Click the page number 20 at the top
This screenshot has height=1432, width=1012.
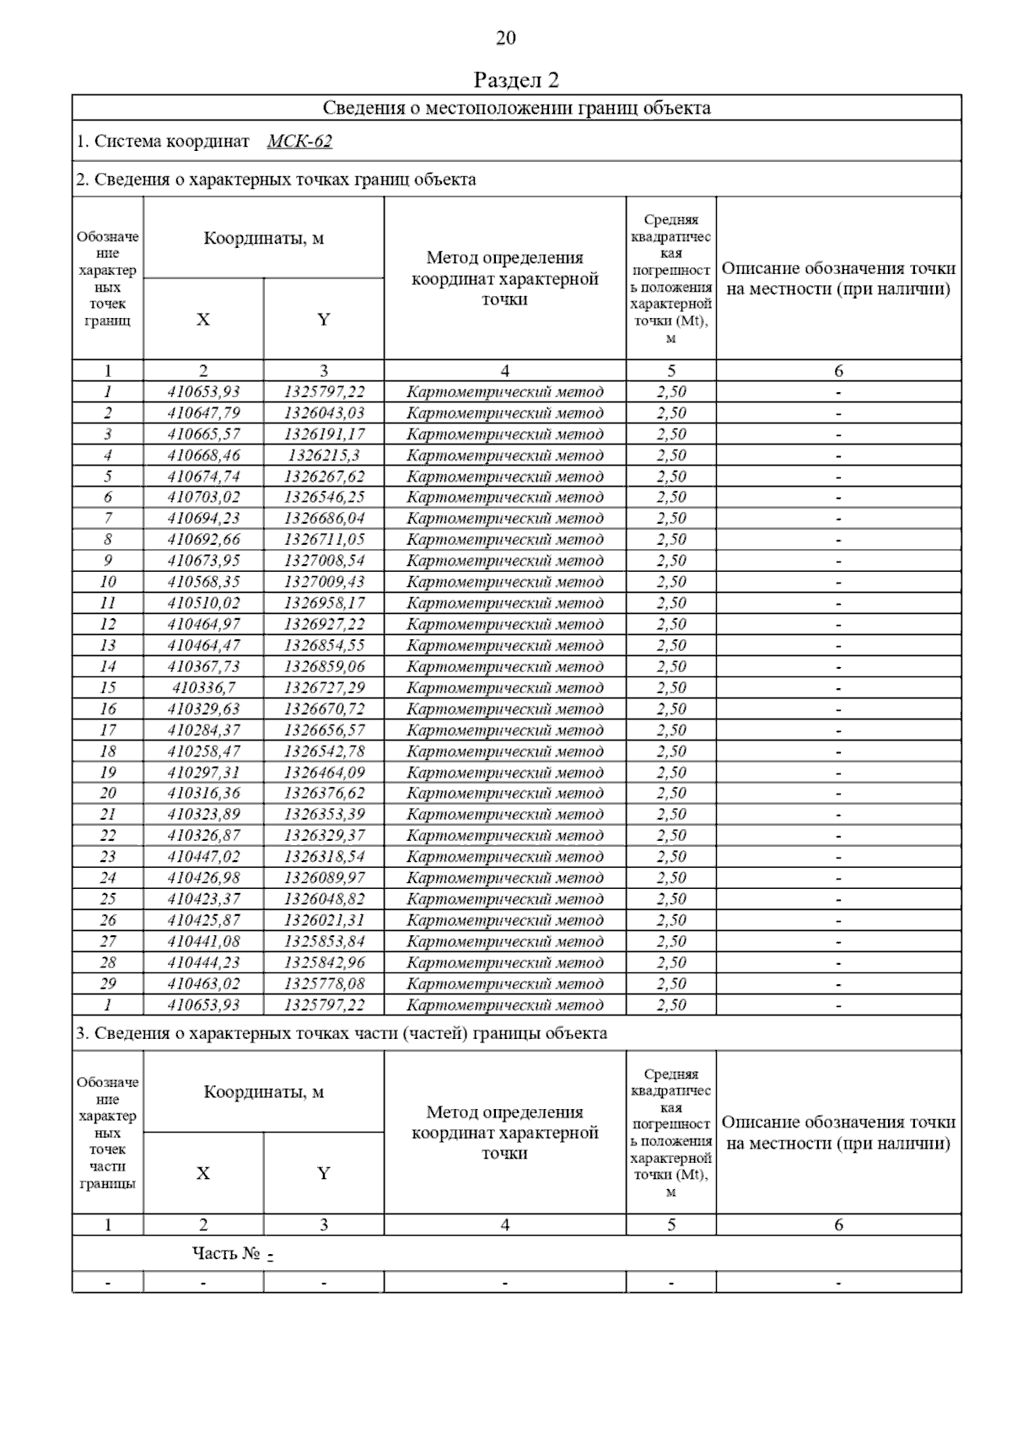click(505, 38)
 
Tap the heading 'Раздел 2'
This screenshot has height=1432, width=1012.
click(516, 80)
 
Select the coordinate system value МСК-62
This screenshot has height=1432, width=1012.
click(299, 141)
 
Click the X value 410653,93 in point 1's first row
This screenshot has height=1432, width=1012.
click(203, 392)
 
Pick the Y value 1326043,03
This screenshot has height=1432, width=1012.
click(324, 413)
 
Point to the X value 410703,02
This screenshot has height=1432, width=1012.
click(203, 498)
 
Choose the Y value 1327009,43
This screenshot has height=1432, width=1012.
click(324, 582)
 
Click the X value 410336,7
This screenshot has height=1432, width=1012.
click(203, 688)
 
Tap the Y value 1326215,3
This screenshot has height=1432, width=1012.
click(324, 455)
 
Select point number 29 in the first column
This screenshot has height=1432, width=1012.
click(108, 983)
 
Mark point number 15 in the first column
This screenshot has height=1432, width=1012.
click(108, 688)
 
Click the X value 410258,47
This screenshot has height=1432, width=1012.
click(203, 751)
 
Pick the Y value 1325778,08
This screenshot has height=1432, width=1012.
click(324, 983)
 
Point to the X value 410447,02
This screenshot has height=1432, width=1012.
click(203, 857)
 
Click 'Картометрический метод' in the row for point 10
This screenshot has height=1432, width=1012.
click(504, 582)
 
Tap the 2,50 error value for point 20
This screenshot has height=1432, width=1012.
click(671, 794)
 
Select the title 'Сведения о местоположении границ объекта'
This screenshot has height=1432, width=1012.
click(516, 108)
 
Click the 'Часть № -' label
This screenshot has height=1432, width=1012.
click(233, 1254)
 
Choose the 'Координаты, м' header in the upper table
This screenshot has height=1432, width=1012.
click(263, 239)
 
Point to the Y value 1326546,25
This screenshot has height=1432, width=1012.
click(324, 498)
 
